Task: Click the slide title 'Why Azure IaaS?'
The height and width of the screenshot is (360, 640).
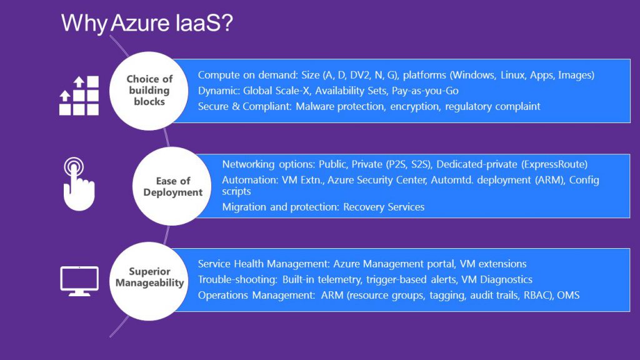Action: (x=147, y=23)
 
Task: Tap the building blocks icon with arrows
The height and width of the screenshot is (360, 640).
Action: (x=79, y=96)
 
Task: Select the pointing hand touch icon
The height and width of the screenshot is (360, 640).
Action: (x=79, y=184)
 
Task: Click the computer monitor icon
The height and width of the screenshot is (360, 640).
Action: (x=79, y=281)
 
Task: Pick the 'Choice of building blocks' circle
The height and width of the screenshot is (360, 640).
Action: (x=149, y=91)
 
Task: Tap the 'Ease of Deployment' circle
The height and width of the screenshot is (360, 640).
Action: (x=172, y=186)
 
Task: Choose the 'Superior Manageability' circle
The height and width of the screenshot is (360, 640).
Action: (x=149, y=281)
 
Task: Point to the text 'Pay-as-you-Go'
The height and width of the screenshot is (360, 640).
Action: (x=425, y=91)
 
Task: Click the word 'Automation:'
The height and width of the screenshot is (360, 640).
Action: (x=250, y=180)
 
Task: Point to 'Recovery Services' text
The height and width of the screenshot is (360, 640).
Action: (x=384, y=207)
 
